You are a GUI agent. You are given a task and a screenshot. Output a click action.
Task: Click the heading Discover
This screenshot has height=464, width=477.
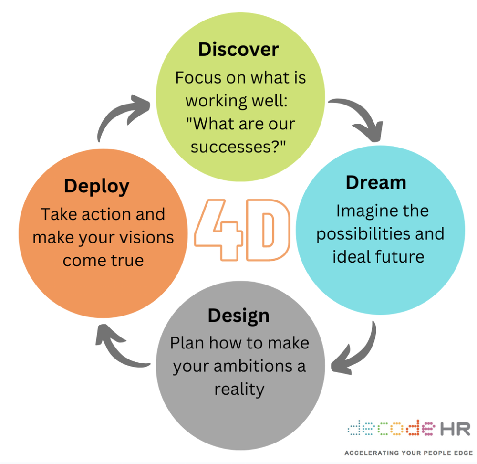click(238, 49)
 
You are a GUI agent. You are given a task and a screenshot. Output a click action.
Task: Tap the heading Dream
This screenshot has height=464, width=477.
click(376, 182)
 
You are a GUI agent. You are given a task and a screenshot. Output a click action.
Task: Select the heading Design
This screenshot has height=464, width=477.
click(238, 316)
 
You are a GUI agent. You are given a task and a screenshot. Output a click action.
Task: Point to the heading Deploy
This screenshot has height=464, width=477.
click(96, 186)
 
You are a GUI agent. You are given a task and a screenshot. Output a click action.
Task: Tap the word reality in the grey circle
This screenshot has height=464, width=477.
click(239, 389)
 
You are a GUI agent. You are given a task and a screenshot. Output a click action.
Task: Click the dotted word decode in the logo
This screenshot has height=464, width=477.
click(390, 428)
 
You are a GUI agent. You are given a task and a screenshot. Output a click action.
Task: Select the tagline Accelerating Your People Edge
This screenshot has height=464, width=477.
click(408, 452)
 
